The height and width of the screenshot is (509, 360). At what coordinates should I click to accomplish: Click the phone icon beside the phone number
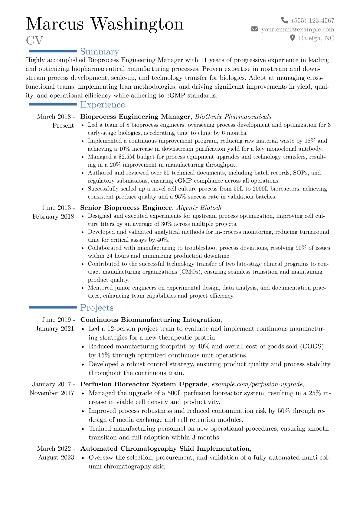coord(284,20)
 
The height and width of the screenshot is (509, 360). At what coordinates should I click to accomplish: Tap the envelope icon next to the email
coord(254,29)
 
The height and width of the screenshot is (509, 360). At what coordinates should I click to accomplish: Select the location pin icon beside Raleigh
coord(292,38)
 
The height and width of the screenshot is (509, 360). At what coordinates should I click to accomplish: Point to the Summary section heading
coord(100,52)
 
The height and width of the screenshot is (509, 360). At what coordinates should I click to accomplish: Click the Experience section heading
coord(103,105)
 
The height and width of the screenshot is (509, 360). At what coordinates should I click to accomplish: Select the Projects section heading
coord(97,308)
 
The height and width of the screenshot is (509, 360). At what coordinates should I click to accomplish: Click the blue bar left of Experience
coord(53,104)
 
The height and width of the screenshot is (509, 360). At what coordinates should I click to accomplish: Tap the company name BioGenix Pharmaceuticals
coord(233,117)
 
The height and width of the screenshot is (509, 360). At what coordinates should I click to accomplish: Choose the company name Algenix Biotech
coord(199,208)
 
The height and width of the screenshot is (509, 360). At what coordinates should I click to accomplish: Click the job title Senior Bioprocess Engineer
coord(126,208)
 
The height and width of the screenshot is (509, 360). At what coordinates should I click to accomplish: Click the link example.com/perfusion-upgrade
coord(257,384)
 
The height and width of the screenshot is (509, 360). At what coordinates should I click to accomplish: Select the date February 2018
coord(53,217)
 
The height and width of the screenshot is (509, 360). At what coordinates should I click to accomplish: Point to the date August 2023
coord(56,458)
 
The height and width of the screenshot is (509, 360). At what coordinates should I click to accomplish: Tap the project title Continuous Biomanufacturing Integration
coord(150,320)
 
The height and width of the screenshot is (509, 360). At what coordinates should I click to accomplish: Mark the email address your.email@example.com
coord(298,29)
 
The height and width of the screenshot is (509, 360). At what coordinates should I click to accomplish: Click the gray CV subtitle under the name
coord(34,41)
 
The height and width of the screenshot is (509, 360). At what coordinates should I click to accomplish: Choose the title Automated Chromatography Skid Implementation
coord(165,449)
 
